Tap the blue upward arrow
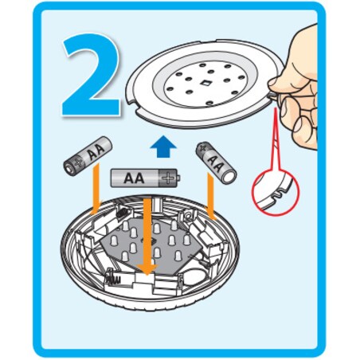pos(163,147)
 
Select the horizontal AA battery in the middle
pos(146,178)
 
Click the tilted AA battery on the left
pos(88,156)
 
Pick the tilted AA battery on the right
pos(216,162)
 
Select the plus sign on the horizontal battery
pos(168,178)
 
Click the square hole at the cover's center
pos(205,84)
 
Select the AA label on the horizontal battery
pos(134,178)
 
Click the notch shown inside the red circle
pos(276,196)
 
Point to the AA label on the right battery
pos(215,163)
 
